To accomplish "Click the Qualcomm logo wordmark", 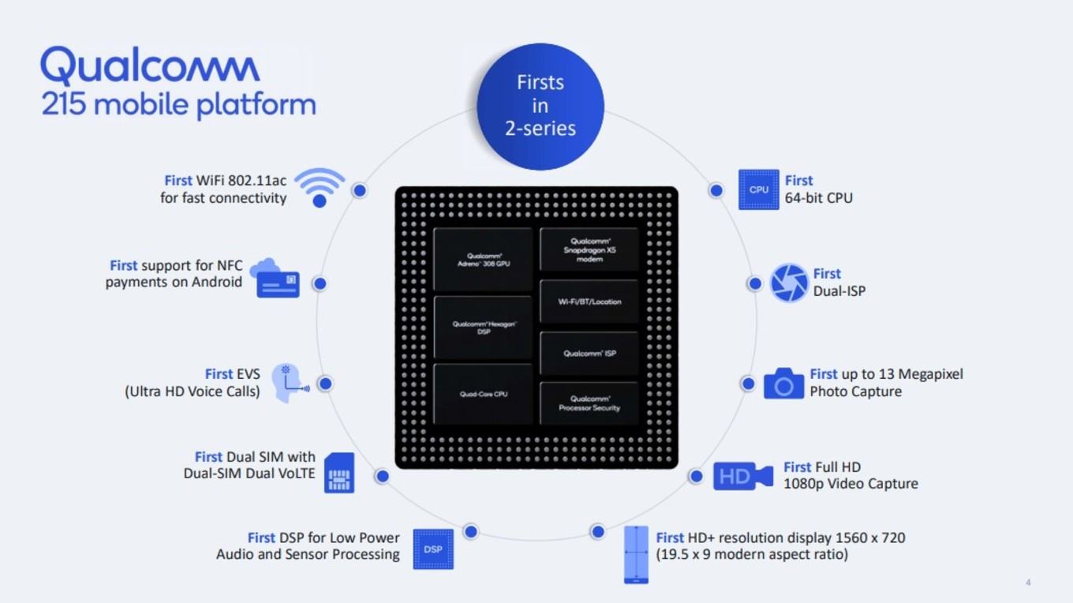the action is tap(150, 66).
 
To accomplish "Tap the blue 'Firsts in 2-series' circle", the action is tap(540, 107).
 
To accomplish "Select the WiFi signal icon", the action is tap(320, 187).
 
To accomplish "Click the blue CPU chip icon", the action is tap(759, 189).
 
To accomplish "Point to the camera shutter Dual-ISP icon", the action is tap(789, 283).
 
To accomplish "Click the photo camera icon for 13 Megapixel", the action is tap(783, 384).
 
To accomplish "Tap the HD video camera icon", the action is tap(743, 476).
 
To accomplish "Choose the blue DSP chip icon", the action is tap(433, 549).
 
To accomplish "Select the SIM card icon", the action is tap(339, 473).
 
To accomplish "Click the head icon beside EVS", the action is tap(289, 383).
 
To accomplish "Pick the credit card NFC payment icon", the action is tap(275, 279).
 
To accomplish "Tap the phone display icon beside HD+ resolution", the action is tap(636, 555).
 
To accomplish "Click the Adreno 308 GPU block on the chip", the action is tap(483, 260).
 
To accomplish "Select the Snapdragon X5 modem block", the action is tap(589, 249).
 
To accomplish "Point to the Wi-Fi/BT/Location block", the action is tap(589, 301).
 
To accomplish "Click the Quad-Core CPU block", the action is tap(483, 394).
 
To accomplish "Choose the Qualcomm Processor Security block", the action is tap(589, 403).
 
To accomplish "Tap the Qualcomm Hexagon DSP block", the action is tap(483, 328).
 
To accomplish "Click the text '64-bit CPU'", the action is tap(819, 198).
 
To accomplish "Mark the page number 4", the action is tap(1028, 582).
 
